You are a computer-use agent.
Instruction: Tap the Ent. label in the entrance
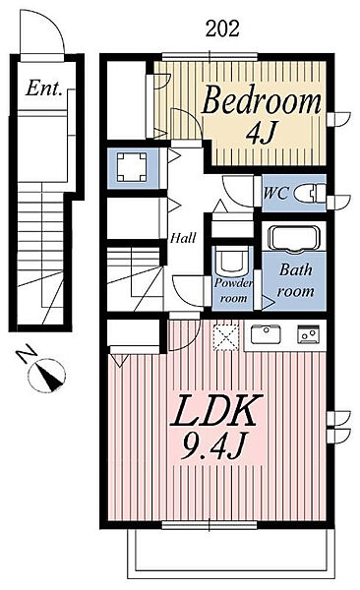pos(44,88)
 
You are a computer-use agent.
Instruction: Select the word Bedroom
pos(262,100)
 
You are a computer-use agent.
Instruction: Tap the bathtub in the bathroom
pos(292,239)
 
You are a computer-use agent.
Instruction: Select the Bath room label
pos(295,280)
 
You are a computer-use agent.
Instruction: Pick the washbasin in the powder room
pos(233,261)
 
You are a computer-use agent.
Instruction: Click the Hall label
pos(181,238)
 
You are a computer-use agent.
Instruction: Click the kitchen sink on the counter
pos(265,334)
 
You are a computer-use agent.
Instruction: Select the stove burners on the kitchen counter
pos(308,334)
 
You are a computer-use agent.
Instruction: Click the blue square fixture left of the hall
pos(130,165)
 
